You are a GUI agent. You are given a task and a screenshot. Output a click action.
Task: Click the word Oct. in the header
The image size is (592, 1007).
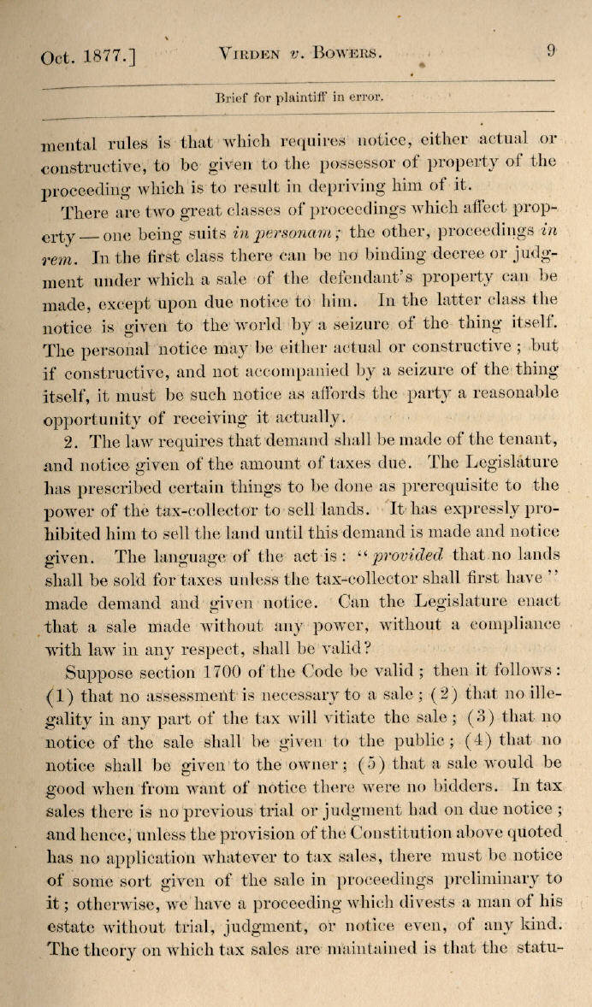pos(57,59)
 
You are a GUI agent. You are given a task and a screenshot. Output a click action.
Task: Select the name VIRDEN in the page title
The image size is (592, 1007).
pos(251,55)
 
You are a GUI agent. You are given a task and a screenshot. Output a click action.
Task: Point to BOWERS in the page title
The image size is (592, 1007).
pos(347,55)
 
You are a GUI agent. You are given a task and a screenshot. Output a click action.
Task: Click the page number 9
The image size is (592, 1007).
pos(551,51)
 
